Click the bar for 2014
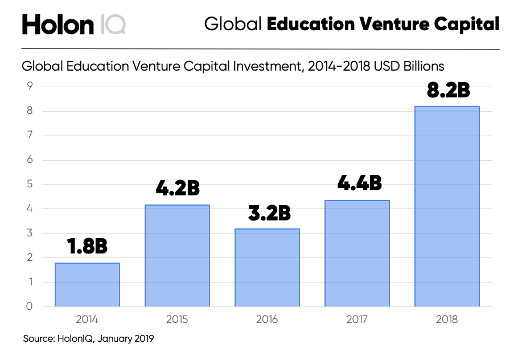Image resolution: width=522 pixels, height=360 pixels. click(87, 285)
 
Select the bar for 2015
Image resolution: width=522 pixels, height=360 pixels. click(177, 256)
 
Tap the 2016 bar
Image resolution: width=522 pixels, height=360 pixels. click(267, 268)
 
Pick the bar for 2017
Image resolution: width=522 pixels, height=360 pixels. click(357, 253)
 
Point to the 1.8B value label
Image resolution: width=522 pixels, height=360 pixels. click(87, 247)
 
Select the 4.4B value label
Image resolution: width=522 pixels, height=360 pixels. click(357, 183)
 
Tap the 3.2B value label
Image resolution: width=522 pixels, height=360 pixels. click(267, 213)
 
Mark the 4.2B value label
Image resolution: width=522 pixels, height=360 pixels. click(177, 189)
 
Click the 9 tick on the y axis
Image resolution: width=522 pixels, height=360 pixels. click(30, 87)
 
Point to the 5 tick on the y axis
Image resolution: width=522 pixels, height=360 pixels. click(30, 185)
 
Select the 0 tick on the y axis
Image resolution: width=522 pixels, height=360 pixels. click(30, 306)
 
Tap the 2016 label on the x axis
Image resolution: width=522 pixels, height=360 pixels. click(267, 320)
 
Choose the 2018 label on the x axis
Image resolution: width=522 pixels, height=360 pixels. click(447, 320)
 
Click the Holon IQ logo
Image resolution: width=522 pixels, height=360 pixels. click(74, 24)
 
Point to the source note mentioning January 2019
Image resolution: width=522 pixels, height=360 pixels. click(88, 339)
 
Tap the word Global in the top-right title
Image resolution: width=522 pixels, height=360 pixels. click(233, 24)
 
